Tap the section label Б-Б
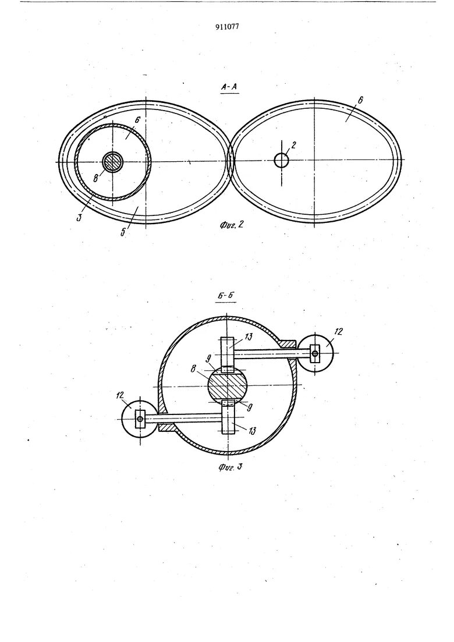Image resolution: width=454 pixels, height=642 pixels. [x=227, y=296]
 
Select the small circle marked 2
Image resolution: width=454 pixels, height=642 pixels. [x=281, y=160]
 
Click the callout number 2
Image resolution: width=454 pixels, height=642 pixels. [x=295, y=146]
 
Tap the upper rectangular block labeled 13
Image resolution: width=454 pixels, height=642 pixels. [x=228, y=352]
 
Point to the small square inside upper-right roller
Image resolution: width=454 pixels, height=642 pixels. [x=315, y=353]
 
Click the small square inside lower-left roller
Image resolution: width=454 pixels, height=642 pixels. [x=140, y=419]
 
